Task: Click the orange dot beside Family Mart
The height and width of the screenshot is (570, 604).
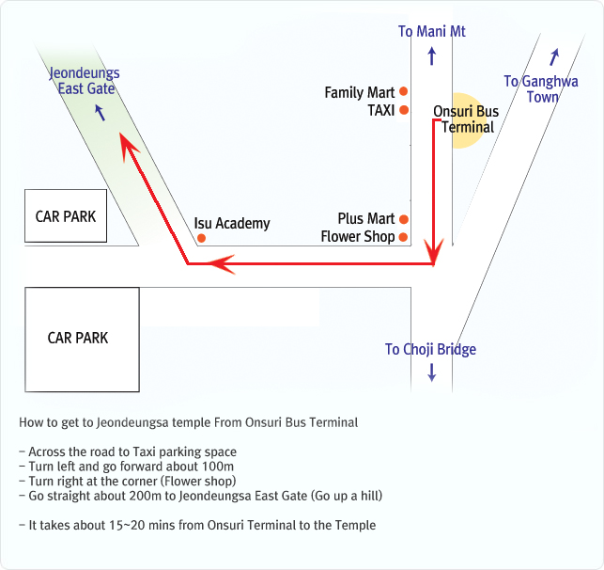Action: [403, 91]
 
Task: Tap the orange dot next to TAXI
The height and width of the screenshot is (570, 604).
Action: [404, 110]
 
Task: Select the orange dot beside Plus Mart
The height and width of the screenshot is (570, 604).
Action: [404, 219]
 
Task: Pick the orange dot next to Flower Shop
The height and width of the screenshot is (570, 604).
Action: [403, 237]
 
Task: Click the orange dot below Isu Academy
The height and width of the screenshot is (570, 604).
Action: [201, 238]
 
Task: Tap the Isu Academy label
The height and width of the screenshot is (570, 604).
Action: [232, 224]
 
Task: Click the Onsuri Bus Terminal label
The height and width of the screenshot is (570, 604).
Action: [466, 119]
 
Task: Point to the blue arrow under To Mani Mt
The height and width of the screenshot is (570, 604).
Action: [432, 55]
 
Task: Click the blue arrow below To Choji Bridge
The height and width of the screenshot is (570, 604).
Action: [432, 372]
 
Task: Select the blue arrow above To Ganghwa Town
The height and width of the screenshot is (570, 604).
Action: [554, 57]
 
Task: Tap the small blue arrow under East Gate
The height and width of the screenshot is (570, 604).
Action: [101, 113]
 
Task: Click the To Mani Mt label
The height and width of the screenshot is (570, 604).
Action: [432, 32]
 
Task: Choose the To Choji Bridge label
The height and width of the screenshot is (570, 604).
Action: [430, 349]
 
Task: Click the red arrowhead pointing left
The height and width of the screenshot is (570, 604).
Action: [221, 264]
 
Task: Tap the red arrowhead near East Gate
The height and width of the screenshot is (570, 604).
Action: [129, 146]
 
